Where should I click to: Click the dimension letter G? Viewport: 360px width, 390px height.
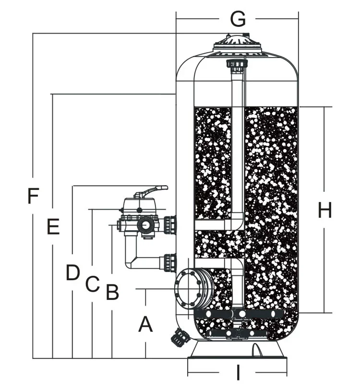[238, 19]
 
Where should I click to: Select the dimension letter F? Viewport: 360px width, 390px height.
[33, 196]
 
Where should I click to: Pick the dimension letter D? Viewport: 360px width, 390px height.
[72, 273]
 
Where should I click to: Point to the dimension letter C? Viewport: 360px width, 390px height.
[92, 284]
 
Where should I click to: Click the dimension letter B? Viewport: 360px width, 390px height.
[112, 292]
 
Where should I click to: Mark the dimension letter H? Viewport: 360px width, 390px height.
[325, 210]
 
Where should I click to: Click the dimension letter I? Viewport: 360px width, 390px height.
[238, 372]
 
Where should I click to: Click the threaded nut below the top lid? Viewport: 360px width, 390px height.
[237, 64]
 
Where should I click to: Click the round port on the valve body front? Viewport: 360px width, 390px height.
[144, 225]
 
